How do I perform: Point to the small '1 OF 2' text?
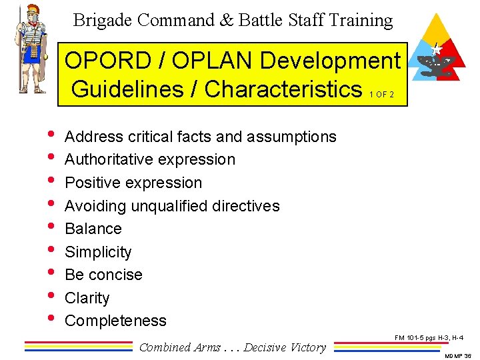tap(381, 94)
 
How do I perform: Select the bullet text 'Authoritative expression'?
tap(150, 159)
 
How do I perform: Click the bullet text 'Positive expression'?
tap(133, 183)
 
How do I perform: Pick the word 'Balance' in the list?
tap(93, 229)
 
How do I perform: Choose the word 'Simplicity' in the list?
tap(98, 252)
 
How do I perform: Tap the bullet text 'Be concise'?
tap(103, 275)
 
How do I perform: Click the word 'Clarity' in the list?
tap(87, 298)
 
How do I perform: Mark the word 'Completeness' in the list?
tap(115, 321)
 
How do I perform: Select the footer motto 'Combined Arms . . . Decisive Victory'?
tap(233, 347)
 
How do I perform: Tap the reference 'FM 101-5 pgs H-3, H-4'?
tap(429, 338)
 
